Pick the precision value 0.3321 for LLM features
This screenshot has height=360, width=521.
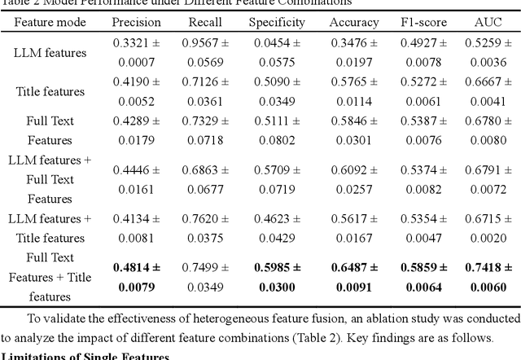(x=135, y=42)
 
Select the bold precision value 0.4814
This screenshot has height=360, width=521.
(x=135, y=267)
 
